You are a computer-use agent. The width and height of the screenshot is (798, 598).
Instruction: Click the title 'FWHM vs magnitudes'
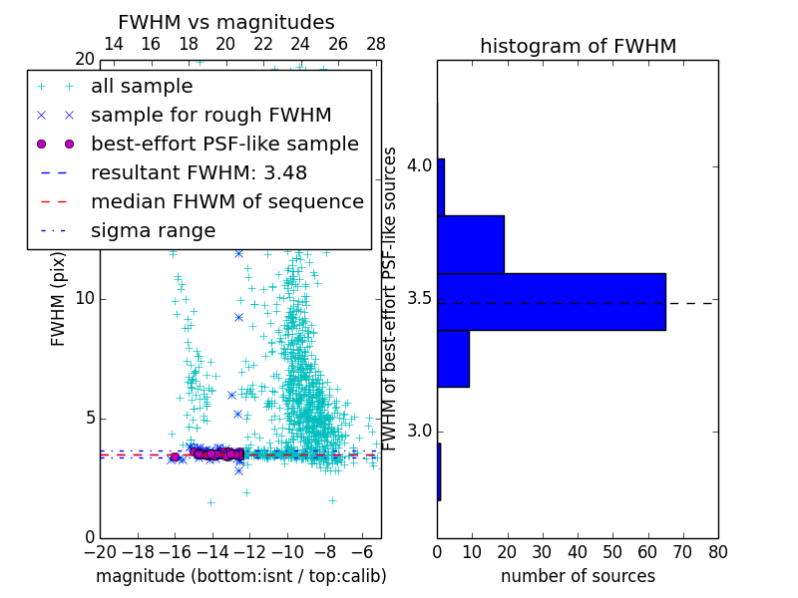point(226,23)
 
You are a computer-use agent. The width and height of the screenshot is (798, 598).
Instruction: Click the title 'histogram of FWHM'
point(578,47)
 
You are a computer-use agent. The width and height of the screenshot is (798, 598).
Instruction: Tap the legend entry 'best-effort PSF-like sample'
point(224,144)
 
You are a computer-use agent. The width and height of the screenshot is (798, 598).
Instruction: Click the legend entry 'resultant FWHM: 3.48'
point(199,172)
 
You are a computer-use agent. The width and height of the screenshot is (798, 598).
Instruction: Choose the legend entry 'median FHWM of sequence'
point(226,201)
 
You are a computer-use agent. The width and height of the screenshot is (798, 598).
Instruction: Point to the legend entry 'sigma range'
point(153,231)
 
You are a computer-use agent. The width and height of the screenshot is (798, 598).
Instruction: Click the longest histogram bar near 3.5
point(551,301)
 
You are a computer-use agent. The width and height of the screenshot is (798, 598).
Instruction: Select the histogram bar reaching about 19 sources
point(470,244)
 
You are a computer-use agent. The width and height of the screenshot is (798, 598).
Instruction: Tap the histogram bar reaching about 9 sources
point(453,358)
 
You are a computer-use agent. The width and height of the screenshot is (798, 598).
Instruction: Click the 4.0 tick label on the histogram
point(419,164)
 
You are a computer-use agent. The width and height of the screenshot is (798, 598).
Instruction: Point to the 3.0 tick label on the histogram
point(419,432)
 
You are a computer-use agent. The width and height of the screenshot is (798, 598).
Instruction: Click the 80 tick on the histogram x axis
point(717,552)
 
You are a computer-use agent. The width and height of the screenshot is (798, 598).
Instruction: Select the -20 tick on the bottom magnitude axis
point(100,552)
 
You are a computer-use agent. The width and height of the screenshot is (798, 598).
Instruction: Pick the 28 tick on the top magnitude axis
point(376,44)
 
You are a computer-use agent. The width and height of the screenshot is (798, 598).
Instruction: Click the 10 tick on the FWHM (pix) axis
point(84,299)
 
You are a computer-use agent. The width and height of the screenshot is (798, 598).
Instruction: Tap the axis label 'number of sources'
point(578,576)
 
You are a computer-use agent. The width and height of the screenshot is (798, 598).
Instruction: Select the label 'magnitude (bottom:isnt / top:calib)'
point(240,576)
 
